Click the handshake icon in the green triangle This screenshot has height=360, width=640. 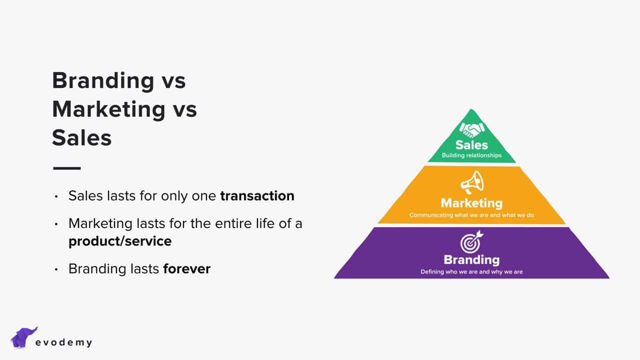tap(471, 130)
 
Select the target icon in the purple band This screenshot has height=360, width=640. tap(471, 241)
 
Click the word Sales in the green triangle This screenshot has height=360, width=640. tap(471, 145)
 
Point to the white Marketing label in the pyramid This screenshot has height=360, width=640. tap(471, 203)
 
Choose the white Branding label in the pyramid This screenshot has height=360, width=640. tap(471, 260)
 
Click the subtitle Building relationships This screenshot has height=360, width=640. tap(471, 155)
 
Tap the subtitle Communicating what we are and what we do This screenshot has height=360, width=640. tap(471, 215)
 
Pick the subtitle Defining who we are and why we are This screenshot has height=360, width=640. tap(471, 271)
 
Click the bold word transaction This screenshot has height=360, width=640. tap(257, 196)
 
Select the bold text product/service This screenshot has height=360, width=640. tap(120, 241)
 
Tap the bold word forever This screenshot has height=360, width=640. tap(187, 269)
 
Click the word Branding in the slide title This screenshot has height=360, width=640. tap(103, 81)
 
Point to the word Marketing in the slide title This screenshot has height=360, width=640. tap(109, 110)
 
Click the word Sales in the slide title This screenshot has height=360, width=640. tap(81, 138)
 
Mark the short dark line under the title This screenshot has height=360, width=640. tap(67, 168)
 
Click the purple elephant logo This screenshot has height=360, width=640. tap(23, 337)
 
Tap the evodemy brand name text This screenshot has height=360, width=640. tap(63, 342)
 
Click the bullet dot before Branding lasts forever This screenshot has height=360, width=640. tap(56, 269)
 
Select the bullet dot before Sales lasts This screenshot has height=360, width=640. tap(56, 196)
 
